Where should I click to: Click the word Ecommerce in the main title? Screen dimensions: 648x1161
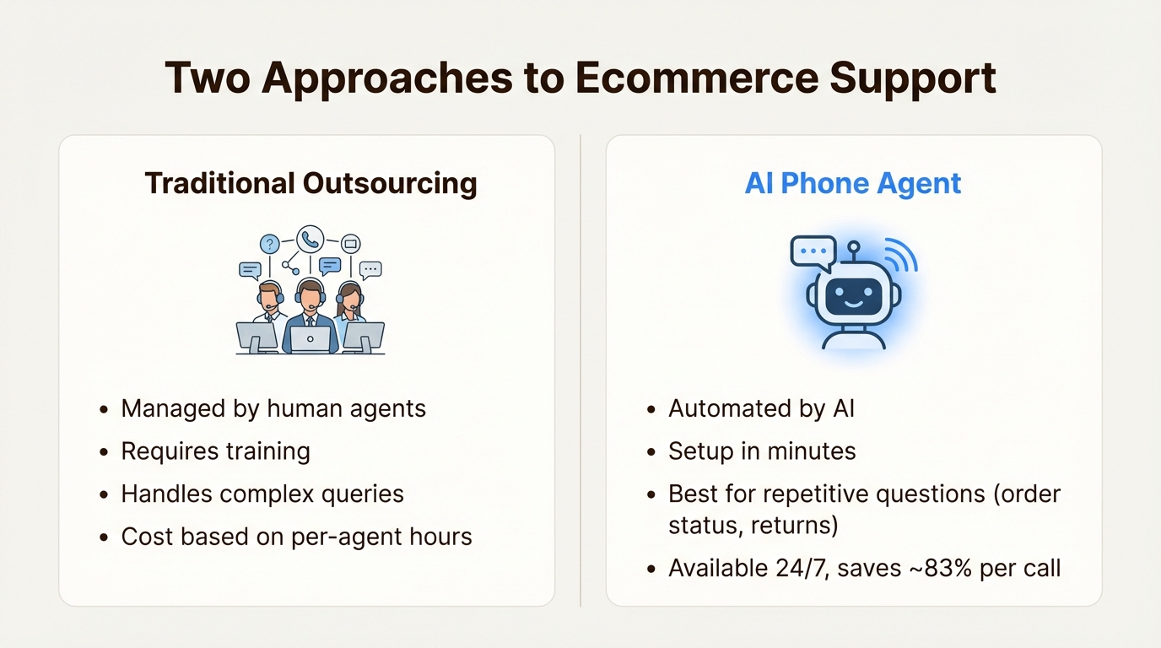(697, 78)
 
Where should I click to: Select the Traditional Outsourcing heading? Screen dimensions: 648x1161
(310, 183)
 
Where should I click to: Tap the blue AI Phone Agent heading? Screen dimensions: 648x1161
(852, 183)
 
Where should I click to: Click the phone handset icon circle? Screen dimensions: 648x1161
(310, 239)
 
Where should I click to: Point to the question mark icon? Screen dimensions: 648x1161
(269, 245)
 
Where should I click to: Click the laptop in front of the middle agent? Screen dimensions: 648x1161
(310, 337)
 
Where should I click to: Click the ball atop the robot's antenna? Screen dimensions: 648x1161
(853, 247)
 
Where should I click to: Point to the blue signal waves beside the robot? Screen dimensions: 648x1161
(901, 255)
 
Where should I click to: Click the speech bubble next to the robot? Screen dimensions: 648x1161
(813, 252)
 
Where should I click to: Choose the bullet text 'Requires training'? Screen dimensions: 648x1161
(215, 451)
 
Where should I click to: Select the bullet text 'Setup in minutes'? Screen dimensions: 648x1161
(762, 451)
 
